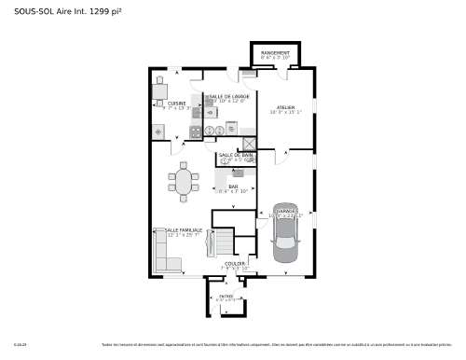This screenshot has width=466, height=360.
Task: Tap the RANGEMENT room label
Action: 275,53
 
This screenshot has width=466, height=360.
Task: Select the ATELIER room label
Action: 285,107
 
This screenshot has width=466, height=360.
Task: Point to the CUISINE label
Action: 177,104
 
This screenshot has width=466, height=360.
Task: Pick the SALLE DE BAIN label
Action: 236,155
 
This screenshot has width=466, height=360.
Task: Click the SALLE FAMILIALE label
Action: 184,229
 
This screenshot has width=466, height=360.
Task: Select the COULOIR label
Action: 236,263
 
